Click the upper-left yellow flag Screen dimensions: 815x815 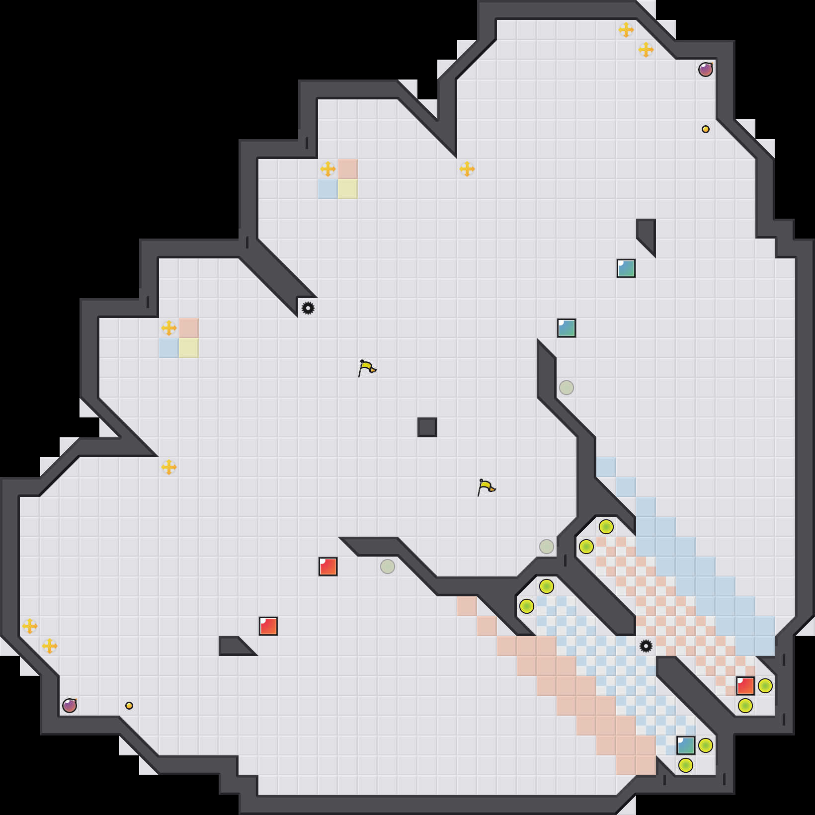click(367, 368)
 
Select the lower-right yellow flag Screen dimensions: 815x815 click(486, 488)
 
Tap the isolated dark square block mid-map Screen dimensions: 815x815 click(427, 427)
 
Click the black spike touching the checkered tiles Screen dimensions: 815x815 click(646, 646)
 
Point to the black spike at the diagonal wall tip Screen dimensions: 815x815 click(308, 308)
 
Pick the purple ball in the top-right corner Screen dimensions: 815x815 click(706, 70)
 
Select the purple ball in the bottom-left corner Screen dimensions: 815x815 click(70, 706)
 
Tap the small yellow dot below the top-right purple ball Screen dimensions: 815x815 click(706, 129)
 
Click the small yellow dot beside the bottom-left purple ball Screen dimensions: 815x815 click(129, 706)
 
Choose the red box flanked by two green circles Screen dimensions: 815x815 click(745, 686)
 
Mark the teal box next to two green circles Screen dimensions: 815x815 click(686, 745)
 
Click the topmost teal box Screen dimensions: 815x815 click(626, 268)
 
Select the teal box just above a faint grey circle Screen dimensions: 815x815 click(567, 328)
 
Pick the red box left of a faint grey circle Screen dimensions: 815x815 click(328, 567)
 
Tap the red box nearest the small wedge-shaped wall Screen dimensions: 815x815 click(268, 626)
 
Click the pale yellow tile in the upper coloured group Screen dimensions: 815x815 click(348, 189)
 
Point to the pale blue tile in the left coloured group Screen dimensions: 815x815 click(169, 348)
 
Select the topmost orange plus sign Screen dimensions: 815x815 click(626, 30)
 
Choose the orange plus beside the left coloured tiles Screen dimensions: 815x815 click(169, 328)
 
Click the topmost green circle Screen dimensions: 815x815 click(606, 527)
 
